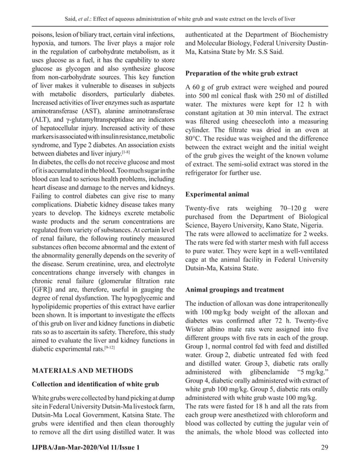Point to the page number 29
323,447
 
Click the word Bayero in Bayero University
222,228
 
